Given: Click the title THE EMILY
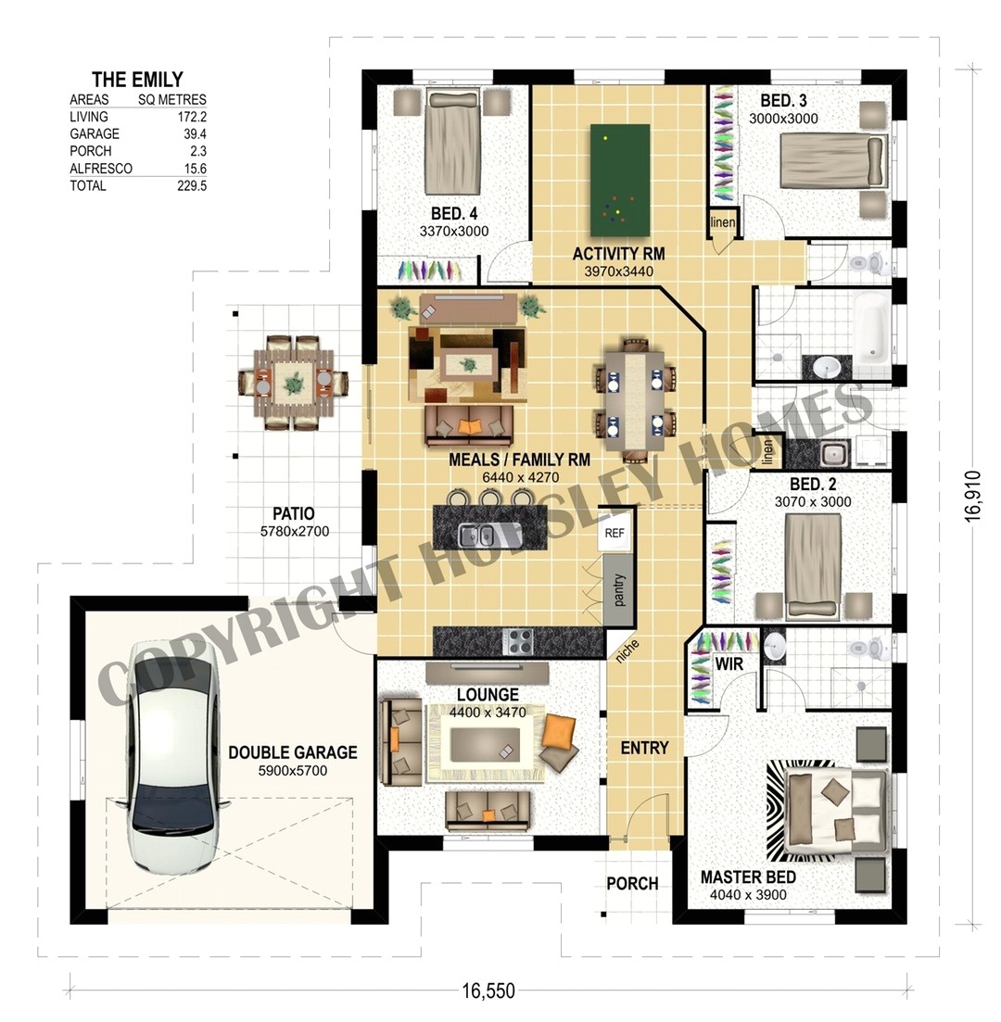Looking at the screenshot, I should coord(137,80).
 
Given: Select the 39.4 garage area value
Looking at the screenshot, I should coord(192,134).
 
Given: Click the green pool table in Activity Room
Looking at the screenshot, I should coord(620,180).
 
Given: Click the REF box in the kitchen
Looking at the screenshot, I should coord(615,534).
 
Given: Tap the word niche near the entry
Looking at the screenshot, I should coord(627,651).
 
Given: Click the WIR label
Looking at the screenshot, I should coord(729,664).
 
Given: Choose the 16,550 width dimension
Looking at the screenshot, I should coord(488,990).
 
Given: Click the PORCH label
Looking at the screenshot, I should coord(632,883).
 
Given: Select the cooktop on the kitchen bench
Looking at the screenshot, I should coord(517,640).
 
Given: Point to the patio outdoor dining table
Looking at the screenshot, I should coord(293,382).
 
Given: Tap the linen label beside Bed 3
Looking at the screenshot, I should coord(723,223).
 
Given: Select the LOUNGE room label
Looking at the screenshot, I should coord(488,695).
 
